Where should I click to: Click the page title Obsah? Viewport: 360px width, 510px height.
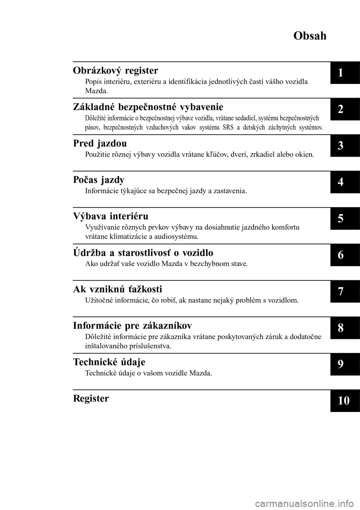click(310, 36)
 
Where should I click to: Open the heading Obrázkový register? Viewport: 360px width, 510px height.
click(115, 70)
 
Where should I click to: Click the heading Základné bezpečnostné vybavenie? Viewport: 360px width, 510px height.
click(148, 107)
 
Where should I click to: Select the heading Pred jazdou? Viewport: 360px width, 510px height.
click(100, 143)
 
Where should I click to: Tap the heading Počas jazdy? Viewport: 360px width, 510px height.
click(99, 180)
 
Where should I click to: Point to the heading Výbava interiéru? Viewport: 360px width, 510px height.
click(111, 216)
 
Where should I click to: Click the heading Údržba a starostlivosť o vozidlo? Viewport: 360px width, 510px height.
click(143, 253)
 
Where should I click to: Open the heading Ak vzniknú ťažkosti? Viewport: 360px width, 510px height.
click(118, 289)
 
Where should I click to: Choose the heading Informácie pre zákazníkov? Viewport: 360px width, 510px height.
click(133, 325)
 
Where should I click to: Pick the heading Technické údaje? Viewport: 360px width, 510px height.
click(109, 362)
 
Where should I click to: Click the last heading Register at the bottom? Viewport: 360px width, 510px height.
click(91, 398)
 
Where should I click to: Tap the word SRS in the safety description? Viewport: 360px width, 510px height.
click(228, 127)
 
